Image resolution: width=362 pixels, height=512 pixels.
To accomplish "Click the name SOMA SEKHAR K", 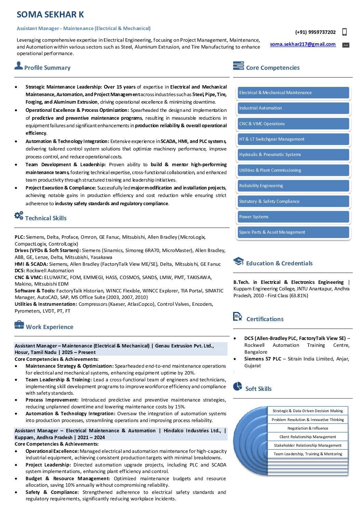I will click(x=50, y=15).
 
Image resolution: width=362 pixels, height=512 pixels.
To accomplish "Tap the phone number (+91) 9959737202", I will click(x=315, y=32).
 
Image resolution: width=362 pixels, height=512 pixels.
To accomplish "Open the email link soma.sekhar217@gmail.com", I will click(x=303, y=44).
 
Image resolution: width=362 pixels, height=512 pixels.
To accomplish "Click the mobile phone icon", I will click(x=344, y=32).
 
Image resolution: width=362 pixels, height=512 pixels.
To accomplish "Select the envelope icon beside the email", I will click(x=346, y=45).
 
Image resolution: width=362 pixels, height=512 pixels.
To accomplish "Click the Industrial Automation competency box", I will click(x=293, y=108).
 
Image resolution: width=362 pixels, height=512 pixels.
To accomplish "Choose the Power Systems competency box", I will click(x=293, y=217).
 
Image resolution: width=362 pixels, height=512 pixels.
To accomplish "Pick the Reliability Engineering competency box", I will click(x=293, y=186).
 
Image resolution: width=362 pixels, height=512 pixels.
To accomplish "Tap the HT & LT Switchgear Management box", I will click(x=293, y=139).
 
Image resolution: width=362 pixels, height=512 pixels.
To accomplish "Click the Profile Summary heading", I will click(x=47, y=68).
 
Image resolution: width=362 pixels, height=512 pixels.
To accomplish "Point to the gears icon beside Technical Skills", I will click(x=19, y=215).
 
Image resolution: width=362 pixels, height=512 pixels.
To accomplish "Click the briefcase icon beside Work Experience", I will click(x=19, y=325).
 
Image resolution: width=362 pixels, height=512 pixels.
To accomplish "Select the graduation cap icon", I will click(x=238, y=262).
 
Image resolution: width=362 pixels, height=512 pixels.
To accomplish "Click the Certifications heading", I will click(x=265, y=319).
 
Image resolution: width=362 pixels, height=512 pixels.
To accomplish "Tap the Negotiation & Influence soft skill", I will click(x=308, y=428).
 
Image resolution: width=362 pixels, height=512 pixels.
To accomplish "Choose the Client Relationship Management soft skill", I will click(x=308, y=437).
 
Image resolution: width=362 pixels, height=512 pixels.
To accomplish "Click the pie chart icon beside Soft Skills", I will click(x=238, y=386).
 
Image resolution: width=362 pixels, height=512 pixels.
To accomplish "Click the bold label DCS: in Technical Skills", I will click(x=20, y=271).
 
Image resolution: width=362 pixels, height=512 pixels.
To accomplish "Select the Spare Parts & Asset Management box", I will click(x=293, y=232).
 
